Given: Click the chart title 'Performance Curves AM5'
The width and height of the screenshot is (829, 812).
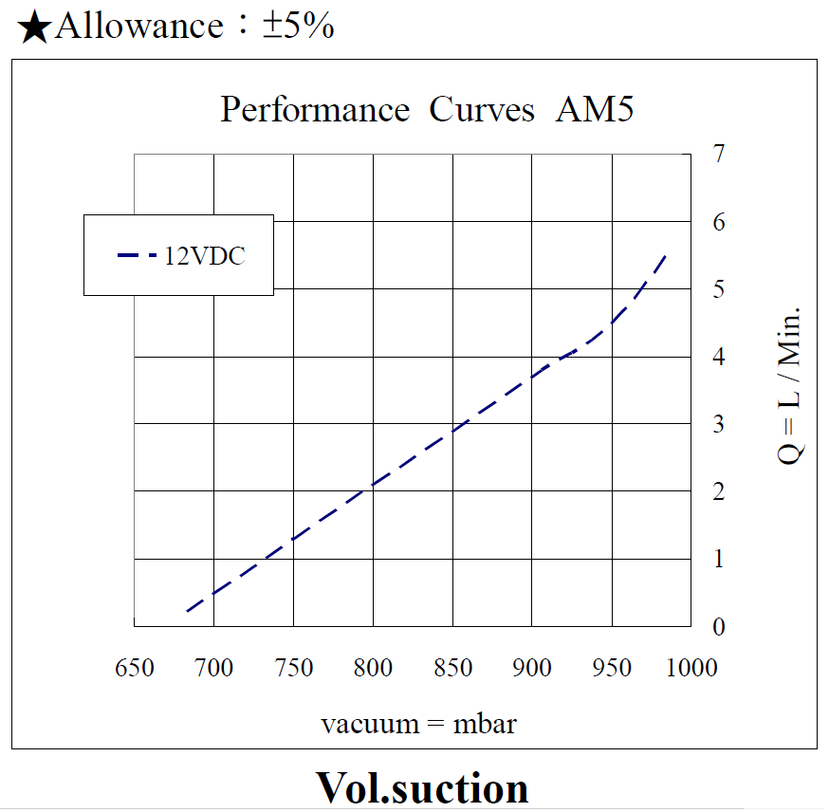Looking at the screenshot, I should (427, 110).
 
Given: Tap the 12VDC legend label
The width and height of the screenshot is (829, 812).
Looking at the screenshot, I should (205, 255).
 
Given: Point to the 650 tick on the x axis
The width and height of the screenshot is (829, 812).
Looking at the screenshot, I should (135, 668).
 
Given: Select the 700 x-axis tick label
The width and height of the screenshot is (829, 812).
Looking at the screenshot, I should (214, 668).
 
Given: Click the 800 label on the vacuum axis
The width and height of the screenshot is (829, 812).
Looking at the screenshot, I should (373, 668).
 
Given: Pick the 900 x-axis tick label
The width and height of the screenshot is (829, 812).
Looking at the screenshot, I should (532, 668).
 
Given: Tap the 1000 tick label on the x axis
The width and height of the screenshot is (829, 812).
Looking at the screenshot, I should (691, 668).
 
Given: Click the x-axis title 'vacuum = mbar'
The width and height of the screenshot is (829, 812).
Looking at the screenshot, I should (418, 724).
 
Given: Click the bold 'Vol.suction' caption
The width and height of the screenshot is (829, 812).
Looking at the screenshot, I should (421, 787).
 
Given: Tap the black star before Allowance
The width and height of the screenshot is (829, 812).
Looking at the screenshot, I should (34, 28).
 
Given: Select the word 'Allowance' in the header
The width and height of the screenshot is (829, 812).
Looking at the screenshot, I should (139, 26).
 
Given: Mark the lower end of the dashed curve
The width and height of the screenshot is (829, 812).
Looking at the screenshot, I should (187, 611).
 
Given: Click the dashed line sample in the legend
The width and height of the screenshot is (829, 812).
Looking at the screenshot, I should (138, 255).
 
